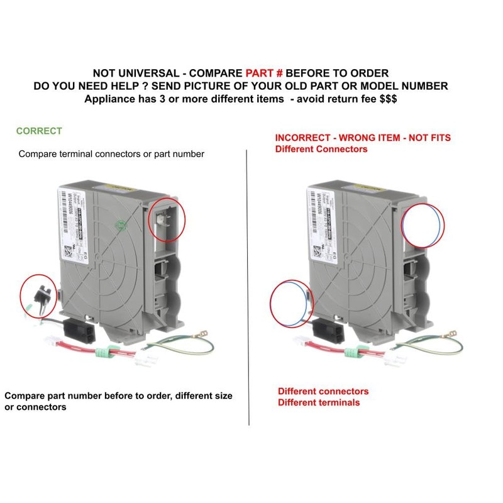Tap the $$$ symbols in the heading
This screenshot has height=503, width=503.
(x=384, y=99)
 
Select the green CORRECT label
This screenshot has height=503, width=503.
(x=39, y=131)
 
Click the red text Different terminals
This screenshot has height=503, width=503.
(x=319, y=402)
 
